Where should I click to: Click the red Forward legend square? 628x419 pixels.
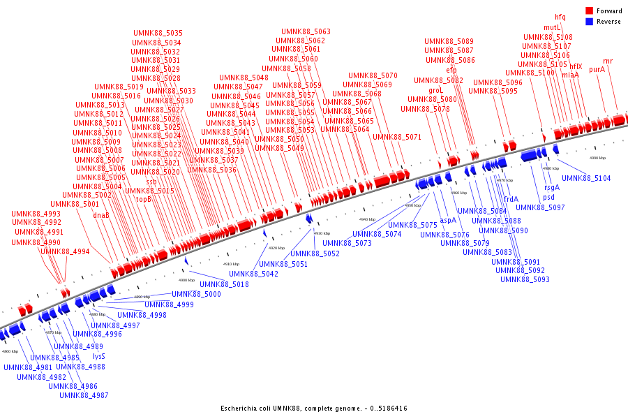[589, 11]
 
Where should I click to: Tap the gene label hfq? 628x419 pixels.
[560, 17]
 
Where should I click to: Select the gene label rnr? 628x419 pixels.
[608, 61]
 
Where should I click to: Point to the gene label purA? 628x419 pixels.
[597, 70]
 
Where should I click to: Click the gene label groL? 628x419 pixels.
[435, 90]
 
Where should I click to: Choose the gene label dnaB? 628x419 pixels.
[100, 215]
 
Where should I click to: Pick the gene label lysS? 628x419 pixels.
[99, 356]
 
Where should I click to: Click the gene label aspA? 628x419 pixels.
[447, 220]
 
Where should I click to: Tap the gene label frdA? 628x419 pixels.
[511, 199]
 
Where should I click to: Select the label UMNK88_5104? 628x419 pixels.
[585, 179]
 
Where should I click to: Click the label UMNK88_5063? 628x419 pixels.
[306, 32]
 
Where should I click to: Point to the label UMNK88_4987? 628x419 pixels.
[84, 395]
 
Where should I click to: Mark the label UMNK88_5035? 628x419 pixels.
[158, 34]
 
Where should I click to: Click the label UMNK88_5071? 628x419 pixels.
[396, 137]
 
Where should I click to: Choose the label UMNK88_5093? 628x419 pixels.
[525, 280]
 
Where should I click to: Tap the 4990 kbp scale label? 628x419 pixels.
[598, 158]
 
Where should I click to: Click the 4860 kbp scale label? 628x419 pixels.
[10, 351]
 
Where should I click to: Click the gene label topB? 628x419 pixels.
[143, 200]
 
